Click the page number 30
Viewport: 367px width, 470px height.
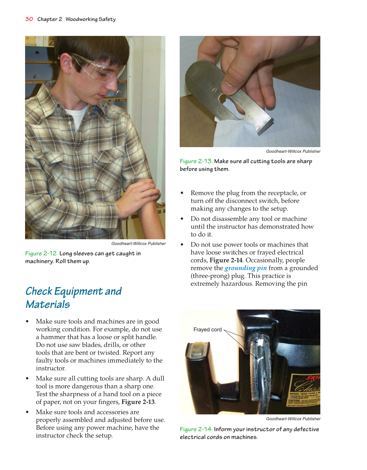(x=29, y=19)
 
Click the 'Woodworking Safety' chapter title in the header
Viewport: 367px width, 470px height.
(x=90, y=19)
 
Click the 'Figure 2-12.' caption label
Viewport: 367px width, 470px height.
(x=41, y=253)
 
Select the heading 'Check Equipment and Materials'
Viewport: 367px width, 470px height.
(x=73, y=297)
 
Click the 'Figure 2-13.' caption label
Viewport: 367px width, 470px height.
(x=196, y=161)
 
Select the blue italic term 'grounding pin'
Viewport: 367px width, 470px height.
(x=245, y=268)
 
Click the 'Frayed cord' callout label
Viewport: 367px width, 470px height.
(x=207, y=330)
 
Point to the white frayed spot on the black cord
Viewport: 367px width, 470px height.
(x=260, y=343)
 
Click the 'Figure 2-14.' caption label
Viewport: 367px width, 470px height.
(x=196, y=429)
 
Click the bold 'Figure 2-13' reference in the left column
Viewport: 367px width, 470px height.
(x=138, y=402)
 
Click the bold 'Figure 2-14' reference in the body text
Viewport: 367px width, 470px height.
(x=226, y=260)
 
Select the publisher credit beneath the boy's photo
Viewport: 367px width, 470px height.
(x=138, y=243)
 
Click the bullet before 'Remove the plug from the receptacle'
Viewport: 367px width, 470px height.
(x=182, y=193)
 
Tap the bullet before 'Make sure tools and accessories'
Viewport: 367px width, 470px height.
(x=27, y=412)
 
